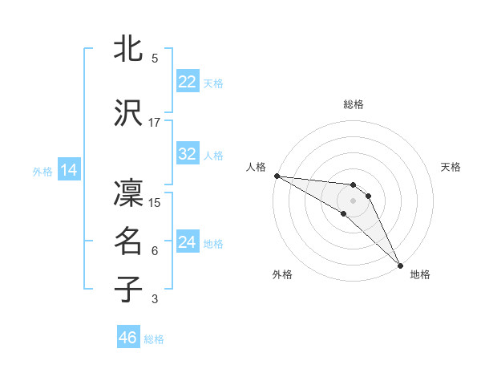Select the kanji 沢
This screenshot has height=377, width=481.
129,113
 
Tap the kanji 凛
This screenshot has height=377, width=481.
129,194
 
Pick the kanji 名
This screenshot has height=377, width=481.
129,241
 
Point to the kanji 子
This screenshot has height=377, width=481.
129,290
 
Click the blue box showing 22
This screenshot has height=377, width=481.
188,82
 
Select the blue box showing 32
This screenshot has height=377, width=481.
188,154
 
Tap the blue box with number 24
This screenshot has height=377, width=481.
188,242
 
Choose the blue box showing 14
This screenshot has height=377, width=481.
69,170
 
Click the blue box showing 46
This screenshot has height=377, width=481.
128,338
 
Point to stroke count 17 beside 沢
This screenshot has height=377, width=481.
155,122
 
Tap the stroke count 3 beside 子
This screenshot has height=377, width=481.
155,299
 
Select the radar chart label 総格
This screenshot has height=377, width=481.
354,104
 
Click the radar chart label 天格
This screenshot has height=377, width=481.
451,167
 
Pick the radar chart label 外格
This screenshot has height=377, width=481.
282,274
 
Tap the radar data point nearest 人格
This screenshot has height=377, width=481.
276,176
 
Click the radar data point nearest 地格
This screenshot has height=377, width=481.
400,265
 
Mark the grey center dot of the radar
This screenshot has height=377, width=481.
354,200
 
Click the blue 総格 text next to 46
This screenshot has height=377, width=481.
154,339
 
